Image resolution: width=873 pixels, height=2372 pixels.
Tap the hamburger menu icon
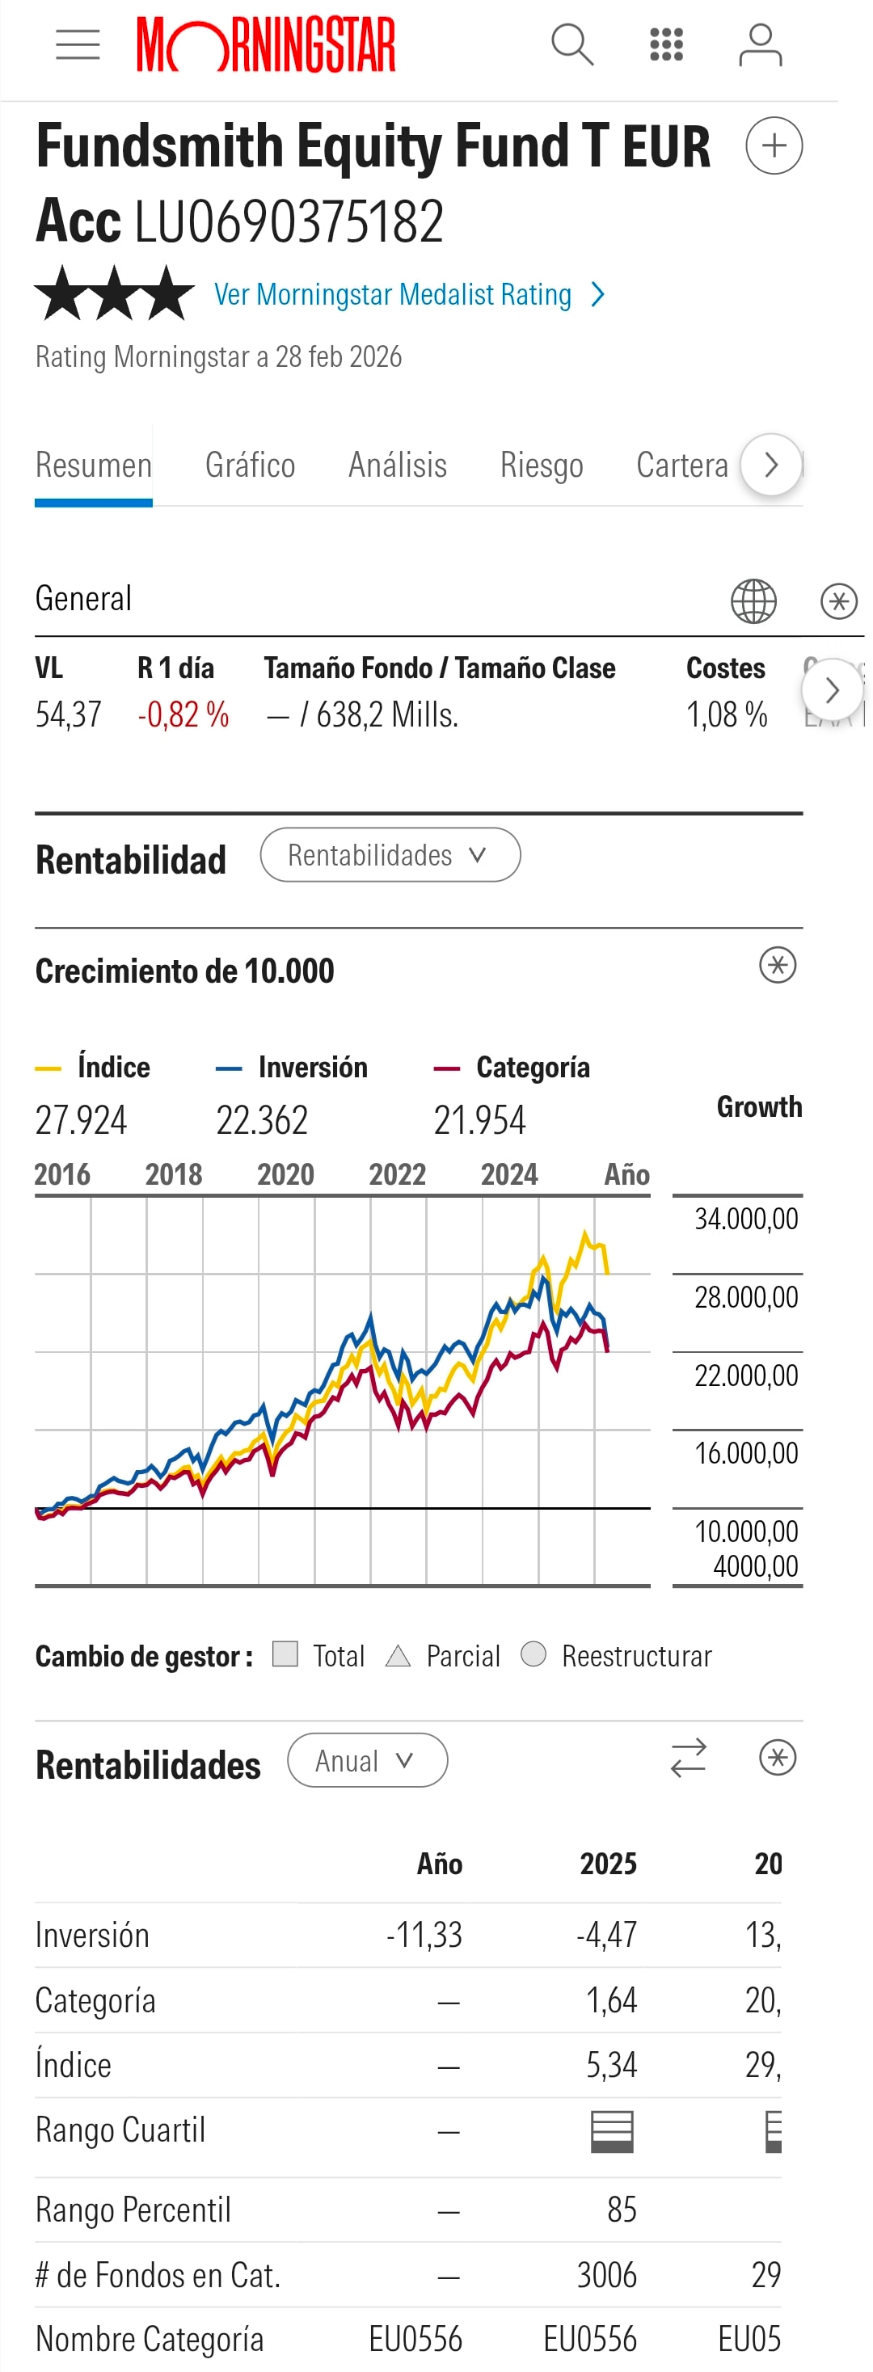coord(78,44)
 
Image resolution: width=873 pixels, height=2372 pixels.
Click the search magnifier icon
coord(571,44)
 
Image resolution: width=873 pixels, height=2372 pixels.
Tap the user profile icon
coord(760,45)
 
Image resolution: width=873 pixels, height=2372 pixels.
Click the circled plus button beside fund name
coord(774,145)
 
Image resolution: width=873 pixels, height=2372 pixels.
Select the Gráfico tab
coord(250,465)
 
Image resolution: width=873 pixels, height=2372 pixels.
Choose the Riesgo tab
coord(542,465)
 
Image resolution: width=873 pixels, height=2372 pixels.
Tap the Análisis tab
coord(397,465)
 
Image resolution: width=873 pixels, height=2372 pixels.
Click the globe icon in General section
coord(753,601)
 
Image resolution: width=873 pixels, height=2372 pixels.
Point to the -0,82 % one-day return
coord(183,714)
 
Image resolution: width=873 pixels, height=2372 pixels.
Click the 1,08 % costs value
coord(727,714)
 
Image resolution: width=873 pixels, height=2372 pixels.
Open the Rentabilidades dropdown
coord(390,854)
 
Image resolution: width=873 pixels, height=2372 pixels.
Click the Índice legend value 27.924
coord(81,1119)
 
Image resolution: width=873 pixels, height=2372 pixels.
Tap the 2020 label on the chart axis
coord(285,1174)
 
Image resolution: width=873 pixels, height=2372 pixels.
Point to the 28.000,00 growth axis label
coord(746,1296)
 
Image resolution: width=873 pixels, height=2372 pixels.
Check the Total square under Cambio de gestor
coord(285,1654)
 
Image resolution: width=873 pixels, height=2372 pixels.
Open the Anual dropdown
coord(366,1760)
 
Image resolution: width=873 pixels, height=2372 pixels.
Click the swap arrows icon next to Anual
coord(688,1758)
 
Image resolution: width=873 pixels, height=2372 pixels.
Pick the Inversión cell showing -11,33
coord(424,1935)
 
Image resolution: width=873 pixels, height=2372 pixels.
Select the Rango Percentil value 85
coord(622,2209)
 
